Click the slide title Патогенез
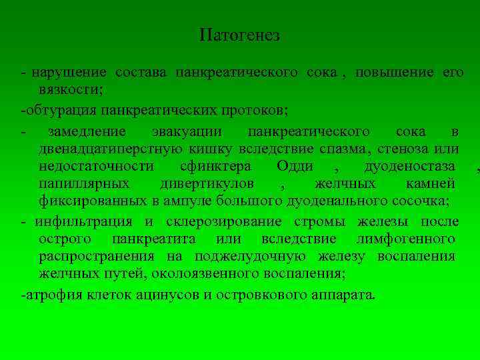tap(239, 36)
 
